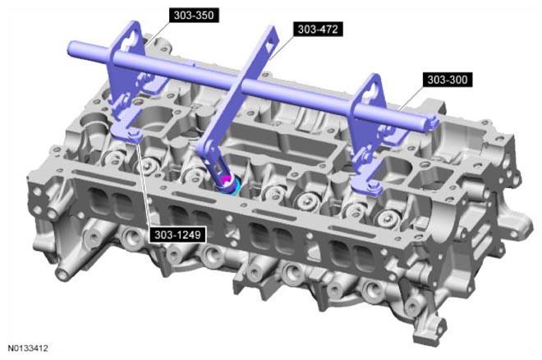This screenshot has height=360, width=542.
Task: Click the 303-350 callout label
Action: (194, 16)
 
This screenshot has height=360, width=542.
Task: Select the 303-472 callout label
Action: (318, 29)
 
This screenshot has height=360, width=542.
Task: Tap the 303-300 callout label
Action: (448, 80)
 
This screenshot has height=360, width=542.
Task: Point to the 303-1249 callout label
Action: (177, 235)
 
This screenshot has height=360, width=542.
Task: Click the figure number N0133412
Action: (28, 348)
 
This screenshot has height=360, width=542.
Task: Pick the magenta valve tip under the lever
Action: (227, 179)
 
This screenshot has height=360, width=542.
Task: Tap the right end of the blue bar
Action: (434, 123)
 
